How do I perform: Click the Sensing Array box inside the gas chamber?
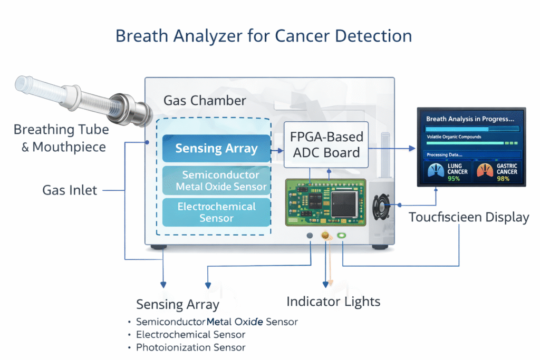[216, 148]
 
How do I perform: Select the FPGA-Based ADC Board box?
[327, 144]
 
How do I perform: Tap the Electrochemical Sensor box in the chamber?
[216, 211]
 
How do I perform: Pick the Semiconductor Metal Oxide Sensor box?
[216, 180]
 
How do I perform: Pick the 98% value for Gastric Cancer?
[504, 179]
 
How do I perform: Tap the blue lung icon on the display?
[438, 170]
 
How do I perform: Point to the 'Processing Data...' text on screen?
[444, 155]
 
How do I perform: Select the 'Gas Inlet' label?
[70, 190]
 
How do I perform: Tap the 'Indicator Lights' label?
[333, 301]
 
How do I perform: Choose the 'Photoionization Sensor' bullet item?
[191, 347]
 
